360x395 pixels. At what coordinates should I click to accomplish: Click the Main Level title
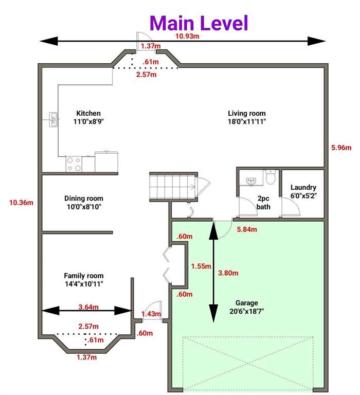pyautogui.click(x=199, y=23)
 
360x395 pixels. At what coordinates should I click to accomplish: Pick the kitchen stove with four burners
pyautogui.click(x=73, y=164)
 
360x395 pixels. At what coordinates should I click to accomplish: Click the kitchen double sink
pyautogui.click(x=53, y=119)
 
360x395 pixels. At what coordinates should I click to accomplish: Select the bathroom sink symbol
pyautogui.click(x=251, y=181)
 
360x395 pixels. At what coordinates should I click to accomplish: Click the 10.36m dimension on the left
pyautogui.click(x=21, y=202)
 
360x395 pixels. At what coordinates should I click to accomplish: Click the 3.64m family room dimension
pyautogui.click(x=89, y=308)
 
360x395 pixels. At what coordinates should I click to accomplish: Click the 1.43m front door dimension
pyautogui.click(x=151, y=314)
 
